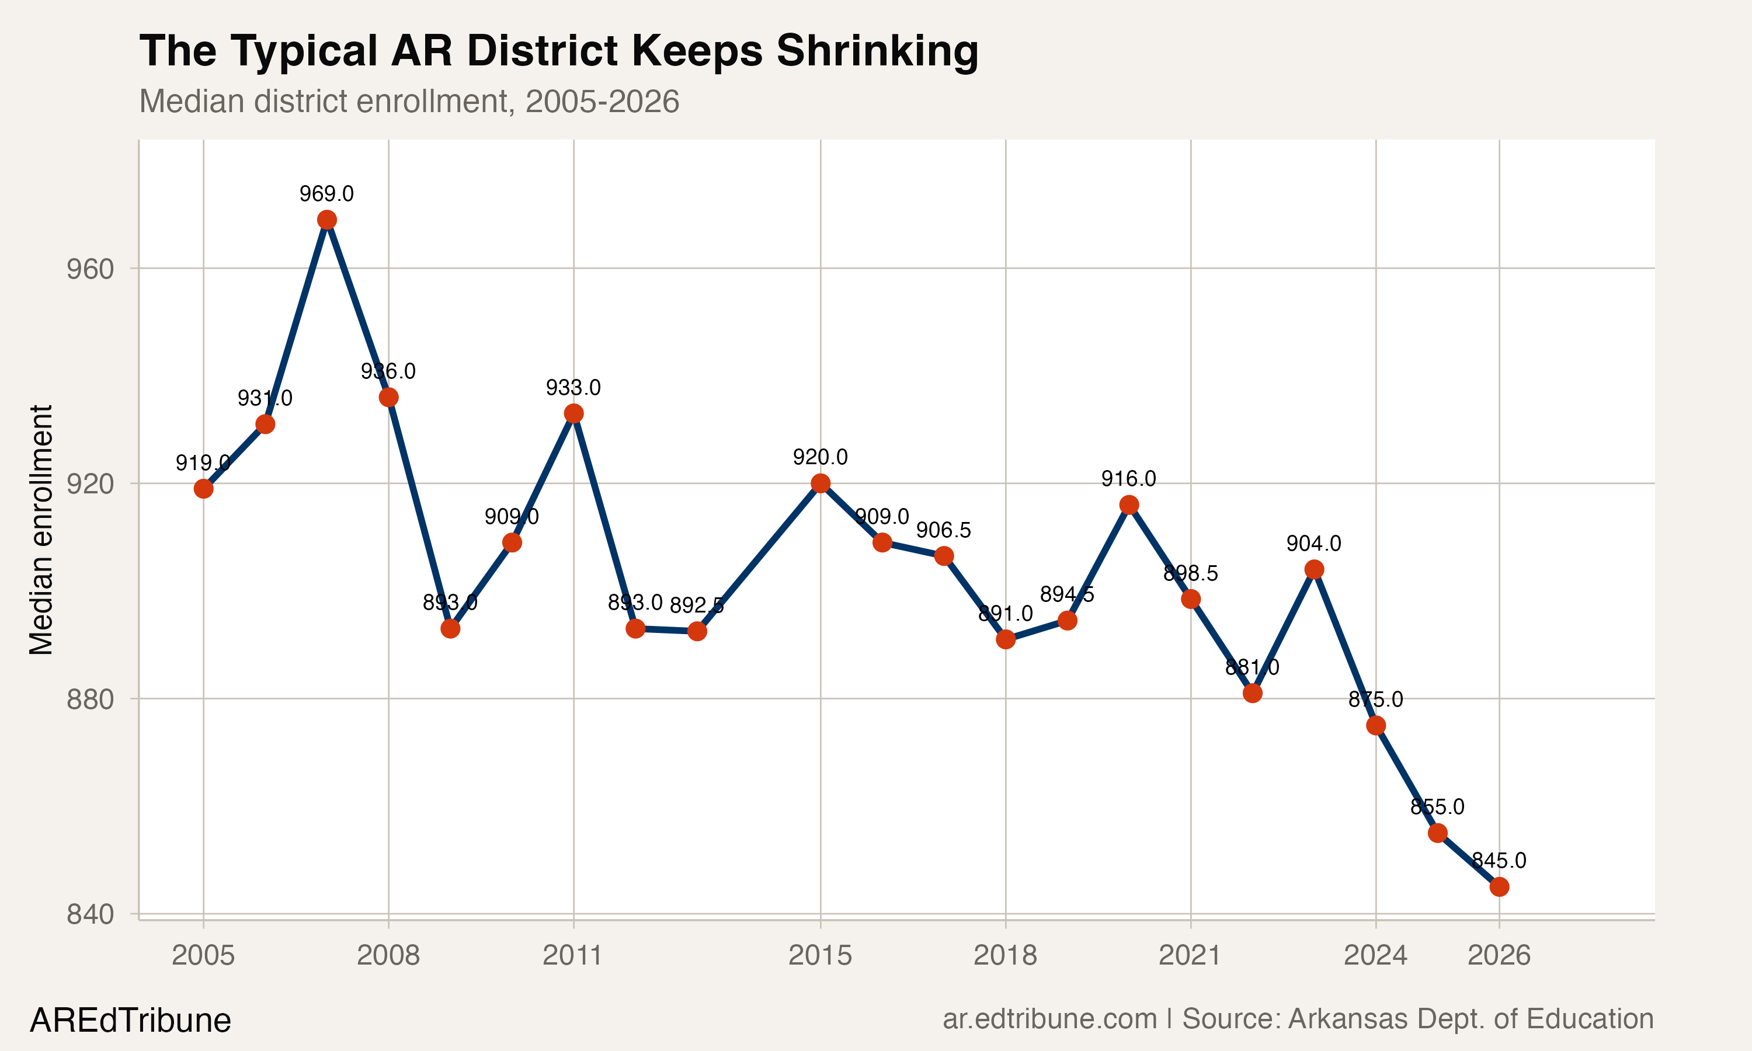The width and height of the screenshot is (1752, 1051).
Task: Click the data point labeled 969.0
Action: pos(326,220)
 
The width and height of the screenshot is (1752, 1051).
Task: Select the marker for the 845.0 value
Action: pos(1499,887)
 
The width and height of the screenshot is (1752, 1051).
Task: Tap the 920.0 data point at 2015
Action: pos(821,483)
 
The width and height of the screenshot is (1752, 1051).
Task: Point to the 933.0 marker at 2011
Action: pos(573,413)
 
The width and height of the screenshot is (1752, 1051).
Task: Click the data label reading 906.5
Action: pos(943,530)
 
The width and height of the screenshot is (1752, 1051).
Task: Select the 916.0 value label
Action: pos(1128,479)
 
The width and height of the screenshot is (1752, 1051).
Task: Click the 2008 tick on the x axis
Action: pos(388,955)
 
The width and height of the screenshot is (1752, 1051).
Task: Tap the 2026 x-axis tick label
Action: pos(1499,955)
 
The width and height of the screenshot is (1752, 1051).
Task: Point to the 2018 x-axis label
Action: pos(1005,955)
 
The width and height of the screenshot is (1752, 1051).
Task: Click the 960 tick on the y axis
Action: pos(90,269)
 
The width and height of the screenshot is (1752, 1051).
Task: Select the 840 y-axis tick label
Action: pos(90,914)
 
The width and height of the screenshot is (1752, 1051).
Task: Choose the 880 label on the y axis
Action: pos(90,699)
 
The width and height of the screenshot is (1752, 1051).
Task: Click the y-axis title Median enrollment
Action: pos(41,530)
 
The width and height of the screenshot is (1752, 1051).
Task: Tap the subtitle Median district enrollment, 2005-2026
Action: pos(409,101)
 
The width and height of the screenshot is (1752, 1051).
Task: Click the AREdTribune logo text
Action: pos(130,1021)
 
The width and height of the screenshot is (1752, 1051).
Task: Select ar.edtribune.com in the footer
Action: pos(1049,1018)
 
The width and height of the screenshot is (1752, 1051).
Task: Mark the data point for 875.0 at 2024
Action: pos(1376,725)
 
